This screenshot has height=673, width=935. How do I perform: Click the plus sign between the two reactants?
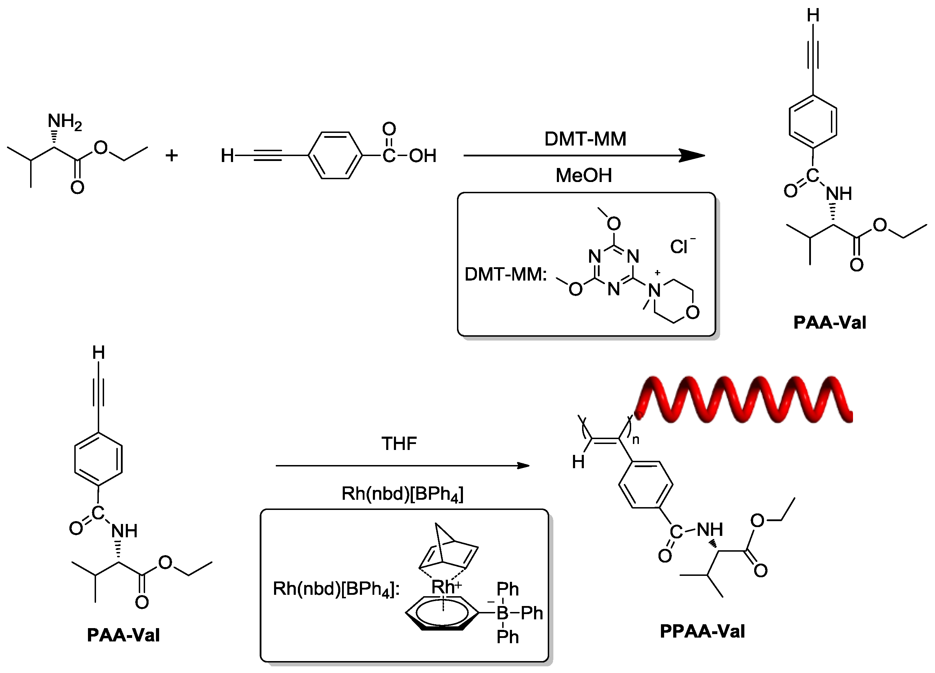click(171, 156)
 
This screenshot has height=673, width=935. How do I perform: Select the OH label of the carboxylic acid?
click(423, 156)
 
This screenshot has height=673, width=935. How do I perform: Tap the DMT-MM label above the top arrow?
click(585, 139)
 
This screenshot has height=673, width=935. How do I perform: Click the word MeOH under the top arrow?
click(583, 175)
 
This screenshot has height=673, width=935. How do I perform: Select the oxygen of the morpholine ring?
click(693, 312)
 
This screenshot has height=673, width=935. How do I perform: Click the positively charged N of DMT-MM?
click(654, 290)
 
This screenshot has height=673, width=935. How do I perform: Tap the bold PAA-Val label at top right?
click(830, 323)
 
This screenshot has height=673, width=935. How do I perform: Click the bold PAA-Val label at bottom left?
click(123, 635)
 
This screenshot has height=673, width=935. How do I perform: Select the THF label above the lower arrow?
click(399, 444)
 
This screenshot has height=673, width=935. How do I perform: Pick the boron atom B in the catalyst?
click(503, 613)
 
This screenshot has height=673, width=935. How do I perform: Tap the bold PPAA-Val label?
click(702, 631)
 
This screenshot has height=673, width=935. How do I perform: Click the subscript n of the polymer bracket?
click(636, 440)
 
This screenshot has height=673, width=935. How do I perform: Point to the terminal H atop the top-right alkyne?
click(813, 16)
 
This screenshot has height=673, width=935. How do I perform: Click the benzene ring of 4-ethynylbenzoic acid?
click(335, 156)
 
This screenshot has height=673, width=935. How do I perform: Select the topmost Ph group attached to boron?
click(507, 589)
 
